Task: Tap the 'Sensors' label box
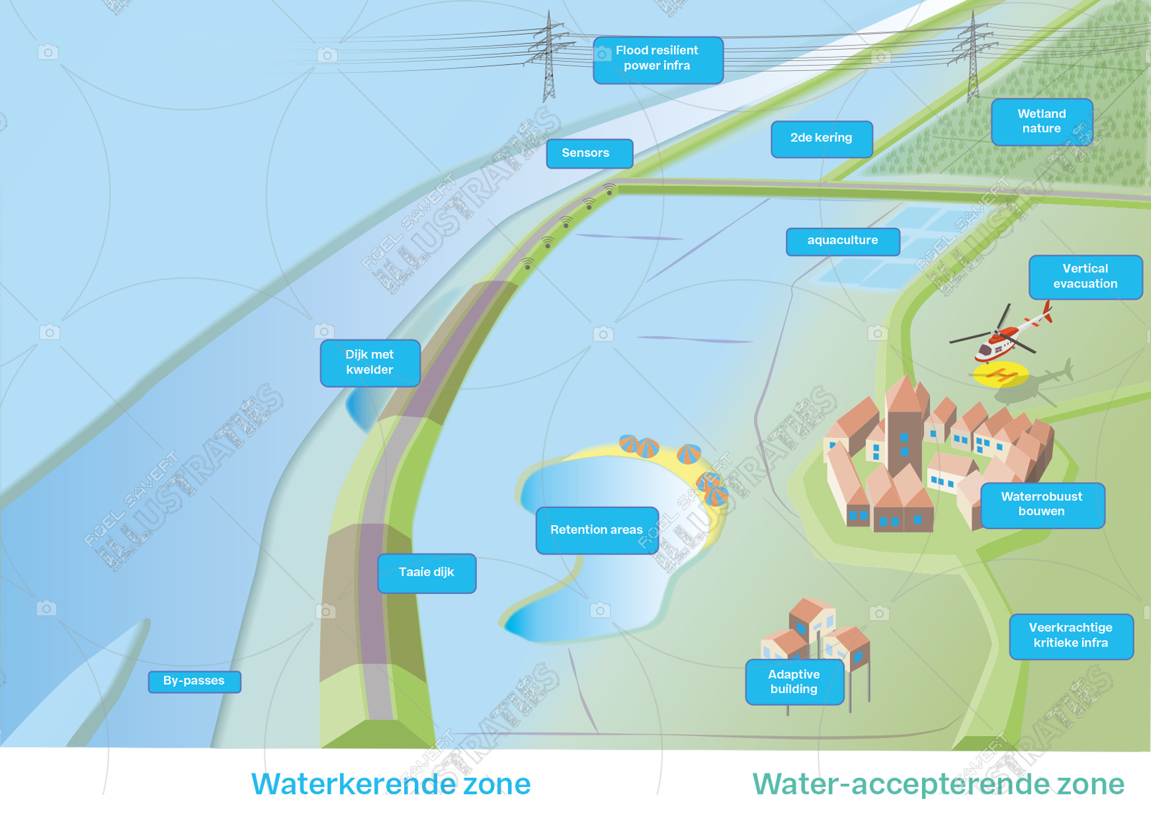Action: [589, 154]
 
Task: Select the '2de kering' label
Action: [821, 139]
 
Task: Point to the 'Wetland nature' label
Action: [1041, 121]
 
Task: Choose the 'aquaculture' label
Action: [842, 241]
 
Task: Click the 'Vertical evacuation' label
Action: [1085, 276]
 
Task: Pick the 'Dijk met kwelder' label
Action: [369, 362]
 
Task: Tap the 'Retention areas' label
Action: [596, 530]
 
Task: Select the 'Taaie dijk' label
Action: [427, 572]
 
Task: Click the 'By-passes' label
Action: [194, 681]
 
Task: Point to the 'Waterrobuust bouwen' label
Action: [1041, 504]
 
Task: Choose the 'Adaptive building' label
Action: [793, 682]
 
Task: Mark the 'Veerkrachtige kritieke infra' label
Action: [1070, 635]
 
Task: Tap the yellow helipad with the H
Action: [999, 375]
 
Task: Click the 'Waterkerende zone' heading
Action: [391, 784]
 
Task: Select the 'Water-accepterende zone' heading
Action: [938, 784]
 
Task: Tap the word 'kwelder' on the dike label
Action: [369, 370]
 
